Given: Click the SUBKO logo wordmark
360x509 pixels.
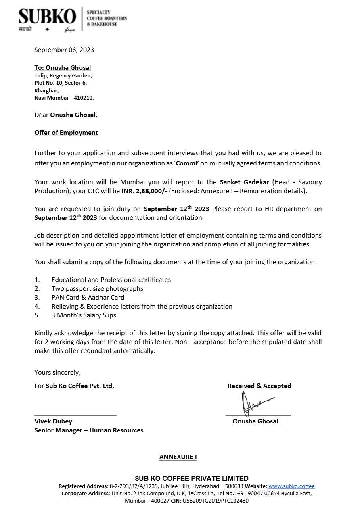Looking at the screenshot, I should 47,17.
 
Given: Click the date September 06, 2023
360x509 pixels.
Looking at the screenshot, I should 64,50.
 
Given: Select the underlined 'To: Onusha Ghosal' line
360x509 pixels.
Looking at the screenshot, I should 63,68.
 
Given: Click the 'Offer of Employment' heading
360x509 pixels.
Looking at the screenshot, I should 66,133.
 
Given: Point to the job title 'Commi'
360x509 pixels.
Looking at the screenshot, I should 187,163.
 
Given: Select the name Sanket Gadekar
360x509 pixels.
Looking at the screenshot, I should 244,182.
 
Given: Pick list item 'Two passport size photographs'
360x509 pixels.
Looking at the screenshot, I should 97,289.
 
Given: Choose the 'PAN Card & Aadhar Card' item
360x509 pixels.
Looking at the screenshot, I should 88,298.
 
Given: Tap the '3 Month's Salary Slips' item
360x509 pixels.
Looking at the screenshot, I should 84,315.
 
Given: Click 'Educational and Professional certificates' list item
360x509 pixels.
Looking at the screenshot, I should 111,280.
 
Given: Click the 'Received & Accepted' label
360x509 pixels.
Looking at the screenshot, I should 259,386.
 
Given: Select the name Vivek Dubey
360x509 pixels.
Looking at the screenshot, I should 53,421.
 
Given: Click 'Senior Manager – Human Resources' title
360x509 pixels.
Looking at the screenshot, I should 89,430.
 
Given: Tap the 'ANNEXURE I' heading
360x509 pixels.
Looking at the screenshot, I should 178,457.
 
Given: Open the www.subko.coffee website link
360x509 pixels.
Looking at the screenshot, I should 291,486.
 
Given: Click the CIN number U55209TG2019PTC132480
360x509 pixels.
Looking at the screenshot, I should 216,501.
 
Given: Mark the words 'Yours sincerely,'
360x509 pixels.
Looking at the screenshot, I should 57,373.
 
